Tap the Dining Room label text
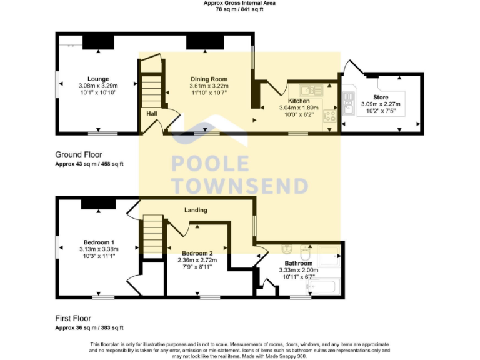click(209, 79)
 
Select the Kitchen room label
click(298, 101)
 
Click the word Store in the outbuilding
click(381, 97)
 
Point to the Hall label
click(152, 114)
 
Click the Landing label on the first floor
click(196, 210)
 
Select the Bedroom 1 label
click(99, 242)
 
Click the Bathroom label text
click(298, 264)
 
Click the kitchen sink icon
click(309, 89)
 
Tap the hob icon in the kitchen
click(329, 116)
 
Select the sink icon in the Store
click(349, 111)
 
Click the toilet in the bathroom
click(306, 254)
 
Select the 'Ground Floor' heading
click(79, 154)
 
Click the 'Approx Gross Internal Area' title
click(239, 3)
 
